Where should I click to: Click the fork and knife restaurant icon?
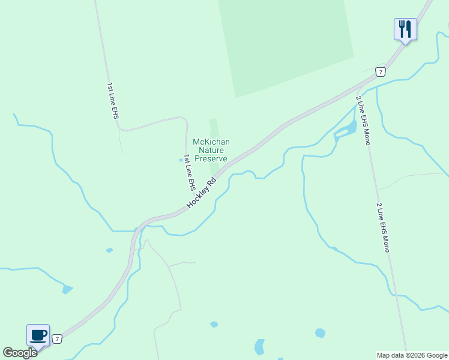(405, 28)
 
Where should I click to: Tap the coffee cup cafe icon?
(38, 334)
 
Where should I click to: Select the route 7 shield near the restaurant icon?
(380, 71)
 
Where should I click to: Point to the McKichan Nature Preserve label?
(211, 150)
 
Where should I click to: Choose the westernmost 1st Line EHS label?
(112, 100)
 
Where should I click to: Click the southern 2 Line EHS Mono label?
(383, 227)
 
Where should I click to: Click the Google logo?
(20, 353)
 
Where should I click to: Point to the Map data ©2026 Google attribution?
(412, 355)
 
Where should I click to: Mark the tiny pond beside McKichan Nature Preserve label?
(181, 160)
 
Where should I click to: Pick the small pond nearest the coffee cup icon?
(67, 290)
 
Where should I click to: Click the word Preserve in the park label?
(211, 159)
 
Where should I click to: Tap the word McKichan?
(211, 142)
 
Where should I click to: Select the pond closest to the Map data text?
(320, 333)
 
